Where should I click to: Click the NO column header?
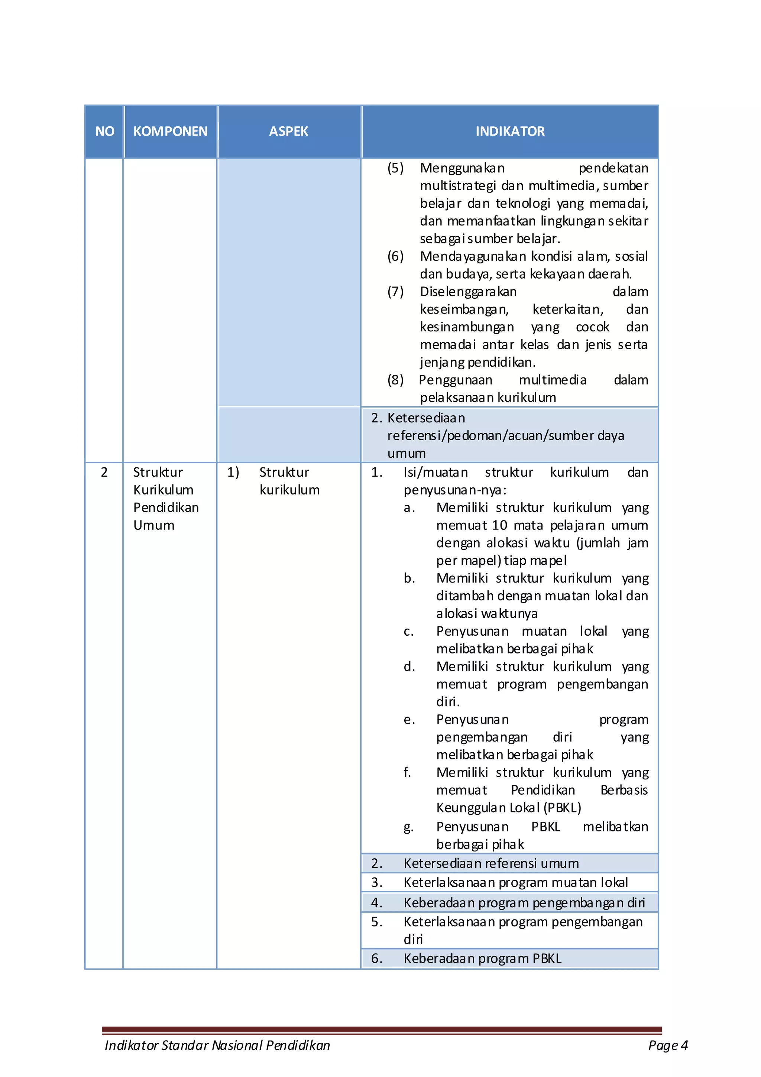point(105,132)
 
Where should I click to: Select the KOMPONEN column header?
point(170,132)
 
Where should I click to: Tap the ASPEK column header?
point(289,132)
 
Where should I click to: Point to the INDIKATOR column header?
point(510,132)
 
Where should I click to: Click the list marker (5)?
point(395,168)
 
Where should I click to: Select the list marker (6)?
point(395,256)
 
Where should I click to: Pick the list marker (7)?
point(395,292)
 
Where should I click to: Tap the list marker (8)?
point(395,380)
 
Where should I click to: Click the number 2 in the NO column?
point(104,472)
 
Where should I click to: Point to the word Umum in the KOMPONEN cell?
point(154,525)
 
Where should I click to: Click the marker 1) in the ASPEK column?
point(233,472)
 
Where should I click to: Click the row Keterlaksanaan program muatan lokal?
point(515,882)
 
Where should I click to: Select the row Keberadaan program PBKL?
point(482,958)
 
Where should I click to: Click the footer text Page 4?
point(668,1045)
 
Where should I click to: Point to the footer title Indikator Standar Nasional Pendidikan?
point(217,1045)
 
